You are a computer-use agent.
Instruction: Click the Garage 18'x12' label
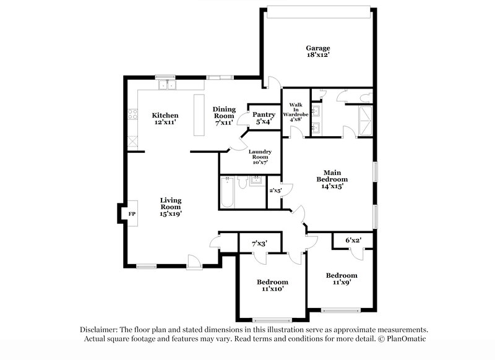pos(317,51)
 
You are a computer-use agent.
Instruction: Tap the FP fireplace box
pos(131,214)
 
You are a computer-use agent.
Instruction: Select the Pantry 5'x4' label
pos(264,118)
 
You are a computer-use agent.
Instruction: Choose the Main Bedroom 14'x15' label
pos(330,179)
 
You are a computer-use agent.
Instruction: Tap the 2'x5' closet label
pos(275,191)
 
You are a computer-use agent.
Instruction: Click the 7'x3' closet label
pos(260,244)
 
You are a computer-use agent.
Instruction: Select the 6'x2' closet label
pos(353,240)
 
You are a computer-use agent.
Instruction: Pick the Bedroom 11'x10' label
pos(273,285)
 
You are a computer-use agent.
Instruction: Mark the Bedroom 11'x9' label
pos(342,279)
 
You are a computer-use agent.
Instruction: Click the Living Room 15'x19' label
pos(170,207)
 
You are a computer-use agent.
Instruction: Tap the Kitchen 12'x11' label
pos(165,119)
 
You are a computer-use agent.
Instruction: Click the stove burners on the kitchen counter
pos(132,114)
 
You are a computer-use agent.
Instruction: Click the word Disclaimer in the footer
pos(101,330)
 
